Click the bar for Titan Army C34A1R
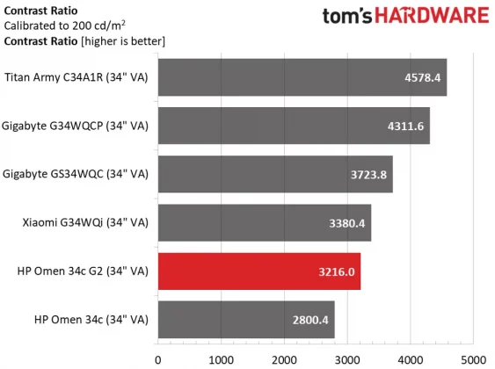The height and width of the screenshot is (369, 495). coord(299,77)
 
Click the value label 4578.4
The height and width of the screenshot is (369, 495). coord(423,77)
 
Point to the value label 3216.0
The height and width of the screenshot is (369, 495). coord(337,271)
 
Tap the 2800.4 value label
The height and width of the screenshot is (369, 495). coord(310,320)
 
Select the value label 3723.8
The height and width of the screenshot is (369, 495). coord(368,175)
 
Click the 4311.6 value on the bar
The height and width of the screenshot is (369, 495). coord(405,126)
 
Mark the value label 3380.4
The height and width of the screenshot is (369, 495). coord(347,223)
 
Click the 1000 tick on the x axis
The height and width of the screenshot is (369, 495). coord(221,358)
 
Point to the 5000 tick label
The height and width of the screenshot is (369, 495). coord(473,358)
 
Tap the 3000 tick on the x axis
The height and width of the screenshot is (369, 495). coord(347,358)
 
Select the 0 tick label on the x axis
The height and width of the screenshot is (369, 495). coord(158,358)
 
